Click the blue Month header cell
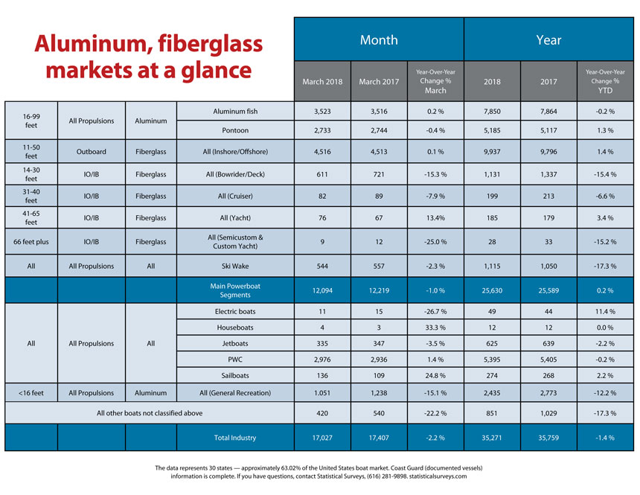click(379, 39)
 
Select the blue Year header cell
click(548, 39)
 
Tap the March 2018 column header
click(322, 81)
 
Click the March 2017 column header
click(379, 81)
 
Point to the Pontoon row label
click(235, 130)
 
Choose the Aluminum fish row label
click(235, 111)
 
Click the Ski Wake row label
click(235, 266)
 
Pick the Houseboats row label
click(235, 327)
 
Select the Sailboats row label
click(235, 375)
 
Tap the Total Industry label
click(235, 438)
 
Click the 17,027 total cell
click(322, 438)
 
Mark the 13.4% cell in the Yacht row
click(435, 217)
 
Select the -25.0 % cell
click(435, 241)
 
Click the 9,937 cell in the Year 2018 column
click(492, 152)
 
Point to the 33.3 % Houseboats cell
click(435, 327)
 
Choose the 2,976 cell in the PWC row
click(322, 360)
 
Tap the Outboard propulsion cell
click(92, 152)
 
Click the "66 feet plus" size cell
click(31, 241)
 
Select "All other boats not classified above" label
click(150, 413)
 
